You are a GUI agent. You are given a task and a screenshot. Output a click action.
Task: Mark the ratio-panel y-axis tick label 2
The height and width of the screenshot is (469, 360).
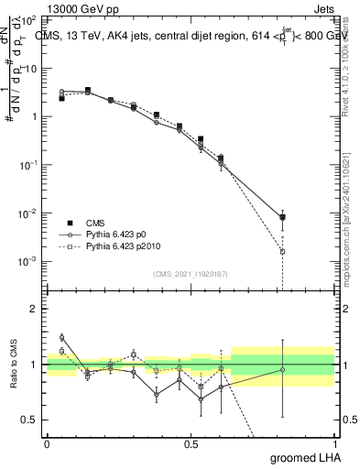pos(35,309)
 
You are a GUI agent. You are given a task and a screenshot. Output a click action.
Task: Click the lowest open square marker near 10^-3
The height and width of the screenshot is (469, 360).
pos(283,251)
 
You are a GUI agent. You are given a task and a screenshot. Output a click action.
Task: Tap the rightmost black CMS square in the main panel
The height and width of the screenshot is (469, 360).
pos(283,217)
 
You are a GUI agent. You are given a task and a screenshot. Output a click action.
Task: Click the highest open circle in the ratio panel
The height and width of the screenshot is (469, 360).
pos(61,337)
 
